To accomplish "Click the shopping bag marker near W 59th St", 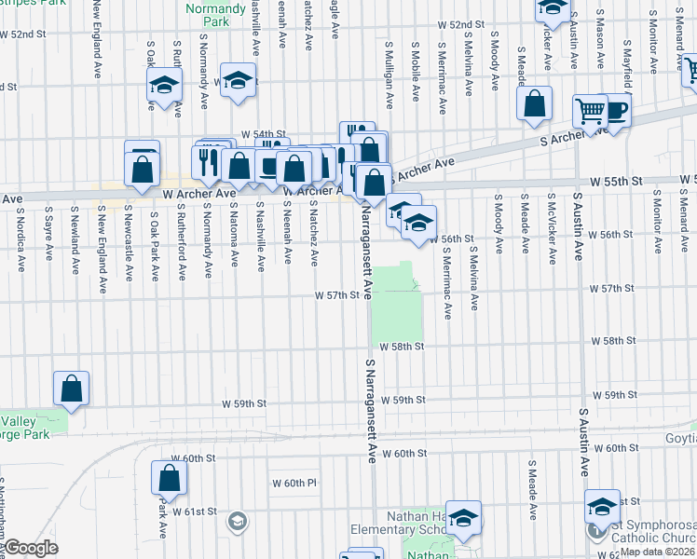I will tap(72, 390).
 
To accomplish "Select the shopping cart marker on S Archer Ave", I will tap(590, 113).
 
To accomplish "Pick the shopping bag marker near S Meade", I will tap(535, 105).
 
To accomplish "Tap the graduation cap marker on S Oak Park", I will tap(164, 87).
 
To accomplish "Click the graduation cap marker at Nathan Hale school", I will tap(463, 518).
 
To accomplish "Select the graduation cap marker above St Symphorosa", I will tap(602, 508).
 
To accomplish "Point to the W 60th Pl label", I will tap(294, 484).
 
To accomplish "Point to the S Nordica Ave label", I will tap(20, 239).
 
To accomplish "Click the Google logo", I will tap(31, 548).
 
